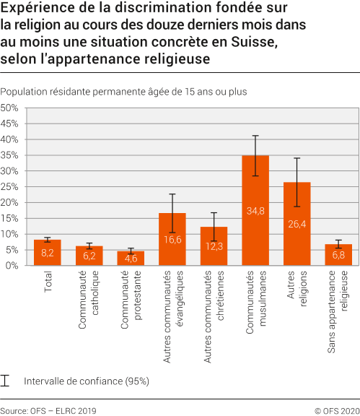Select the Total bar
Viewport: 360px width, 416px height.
[x=47, y=253]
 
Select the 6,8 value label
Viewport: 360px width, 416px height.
[x=338, y=256]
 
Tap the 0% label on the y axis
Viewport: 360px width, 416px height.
[x=12, y=265]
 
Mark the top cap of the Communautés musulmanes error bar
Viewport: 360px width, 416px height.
[x=255, y=136]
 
